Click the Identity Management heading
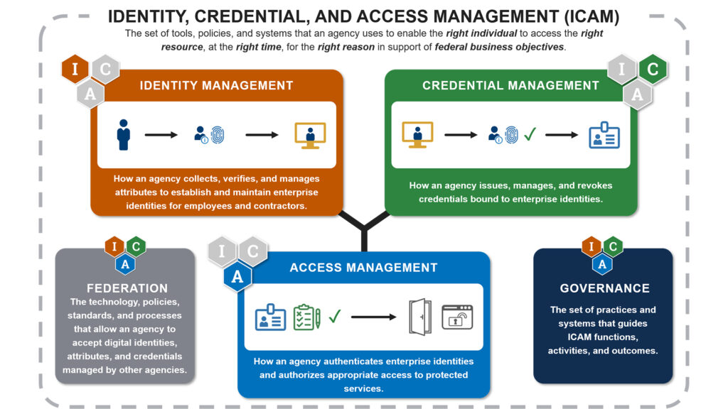tap(216, 85)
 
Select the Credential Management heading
tap(510, 85)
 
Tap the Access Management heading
tap(363, 268)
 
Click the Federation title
tap(127, 288)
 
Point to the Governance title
tap(604, 288)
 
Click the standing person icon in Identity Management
tap(124, 134)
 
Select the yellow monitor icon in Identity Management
tap(310, 135)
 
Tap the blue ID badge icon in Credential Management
tap(604, 134)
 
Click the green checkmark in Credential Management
tap(530, 134)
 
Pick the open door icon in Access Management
tap(419, 317)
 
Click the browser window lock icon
tap(458, 317)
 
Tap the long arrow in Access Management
tap(374, 317)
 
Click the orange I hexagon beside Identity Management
tap(75, 70)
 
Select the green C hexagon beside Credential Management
tap(653, 70)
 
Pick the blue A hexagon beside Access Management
tap(237, 277)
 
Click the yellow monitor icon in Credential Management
tap(417, 134)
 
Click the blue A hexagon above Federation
tap(125, 264)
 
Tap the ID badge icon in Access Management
tap(270, 317)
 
